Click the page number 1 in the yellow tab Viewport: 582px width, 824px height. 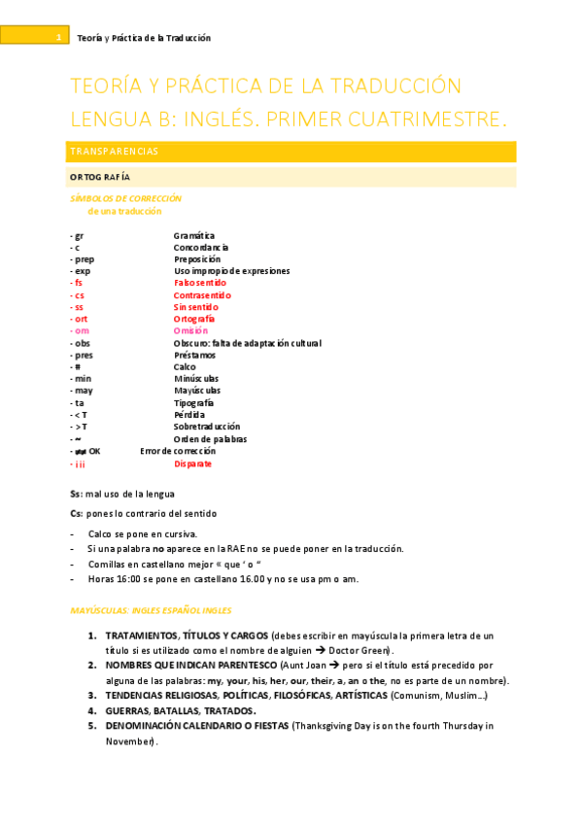tap(58, 38)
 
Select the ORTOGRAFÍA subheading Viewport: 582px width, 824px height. tap(100, 177)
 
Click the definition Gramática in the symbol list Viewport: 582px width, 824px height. tap(194, 235)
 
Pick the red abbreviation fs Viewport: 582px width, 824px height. tap(77, 283)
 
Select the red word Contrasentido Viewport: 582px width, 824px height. tap(202, 295)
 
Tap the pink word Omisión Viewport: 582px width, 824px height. tap(191, 331)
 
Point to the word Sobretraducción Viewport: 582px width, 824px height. tap(207, 427)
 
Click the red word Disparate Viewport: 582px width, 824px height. tap(192, 463)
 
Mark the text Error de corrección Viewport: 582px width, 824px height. tap(178, 451)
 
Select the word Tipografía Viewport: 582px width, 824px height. tap(193, 402)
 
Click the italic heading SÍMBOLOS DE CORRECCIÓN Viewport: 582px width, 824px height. tap(125, 198)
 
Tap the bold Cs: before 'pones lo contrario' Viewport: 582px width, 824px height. tap(77, 513)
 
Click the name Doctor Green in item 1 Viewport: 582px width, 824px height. tap(358, 649)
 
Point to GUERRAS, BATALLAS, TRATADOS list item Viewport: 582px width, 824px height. tap(180, 710)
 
